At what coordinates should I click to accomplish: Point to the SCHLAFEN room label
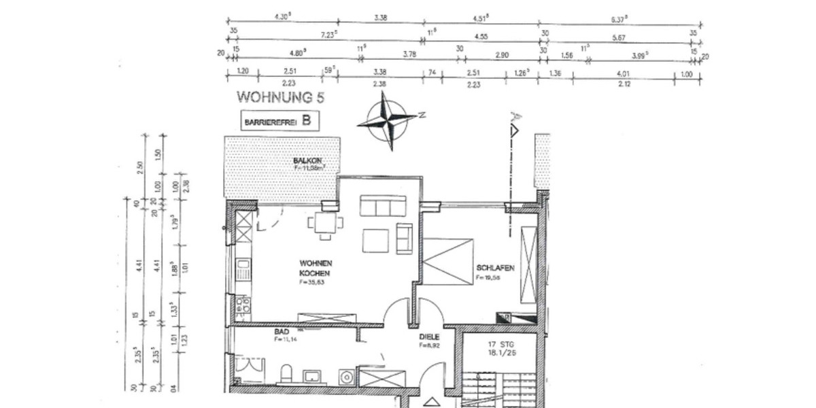click(x=495, y=269)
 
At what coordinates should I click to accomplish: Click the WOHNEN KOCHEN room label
click(x=316, y=268)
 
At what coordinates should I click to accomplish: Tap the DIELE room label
click(x=430, y=337)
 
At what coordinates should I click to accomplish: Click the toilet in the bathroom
click(x=286, y=373)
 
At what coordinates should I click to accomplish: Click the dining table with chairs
click(x=325, y=223)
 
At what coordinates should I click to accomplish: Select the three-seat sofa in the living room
click(x=384, y=206)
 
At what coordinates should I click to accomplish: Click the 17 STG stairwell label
click(x=504, y=349)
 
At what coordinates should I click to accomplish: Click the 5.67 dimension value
click(x=618, y=38)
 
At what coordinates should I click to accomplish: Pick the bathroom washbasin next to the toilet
click(x=316, y=375)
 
